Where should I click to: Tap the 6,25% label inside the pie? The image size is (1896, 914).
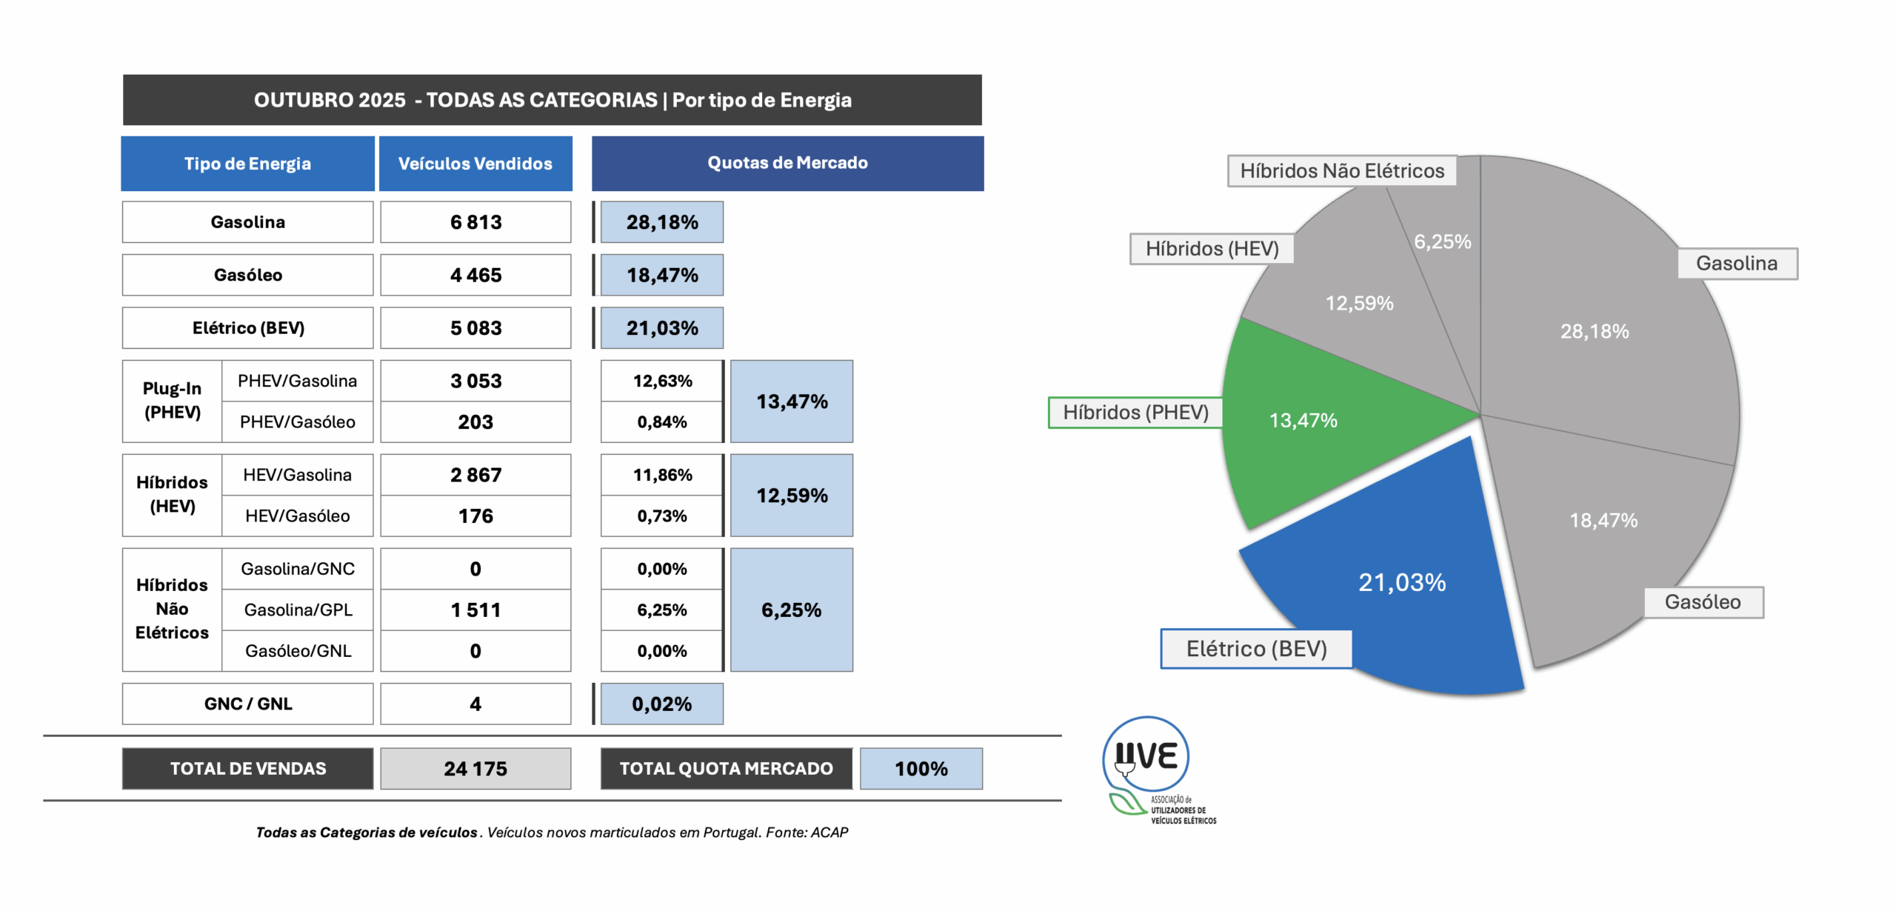click(1442, 241)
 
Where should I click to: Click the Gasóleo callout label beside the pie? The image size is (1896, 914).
click(1703, 602)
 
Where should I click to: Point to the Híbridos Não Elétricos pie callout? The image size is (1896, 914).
click(1341, 171)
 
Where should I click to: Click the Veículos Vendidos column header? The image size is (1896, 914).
click(475, 164)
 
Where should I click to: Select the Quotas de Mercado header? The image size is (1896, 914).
click(787, 164)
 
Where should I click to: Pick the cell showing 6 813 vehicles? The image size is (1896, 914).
click(475, 222)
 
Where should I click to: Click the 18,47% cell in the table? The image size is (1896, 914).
click(661, 276)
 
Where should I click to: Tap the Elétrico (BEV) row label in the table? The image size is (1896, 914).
click(248, 328)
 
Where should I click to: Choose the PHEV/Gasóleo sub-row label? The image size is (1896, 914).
click(297, 422)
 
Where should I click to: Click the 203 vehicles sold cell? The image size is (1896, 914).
click(475, 422)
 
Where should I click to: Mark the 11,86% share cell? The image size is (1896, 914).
click(661, 475)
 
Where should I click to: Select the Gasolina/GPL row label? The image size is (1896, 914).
click(298, 610)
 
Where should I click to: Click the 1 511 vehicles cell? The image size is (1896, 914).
click(475, 610)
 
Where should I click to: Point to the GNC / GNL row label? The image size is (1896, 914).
click(248, 704)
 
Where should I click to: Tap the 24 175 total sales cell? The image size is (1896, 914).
click(475, 769)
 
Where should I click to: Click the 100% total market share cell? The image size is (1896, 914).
click(921, 769)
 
